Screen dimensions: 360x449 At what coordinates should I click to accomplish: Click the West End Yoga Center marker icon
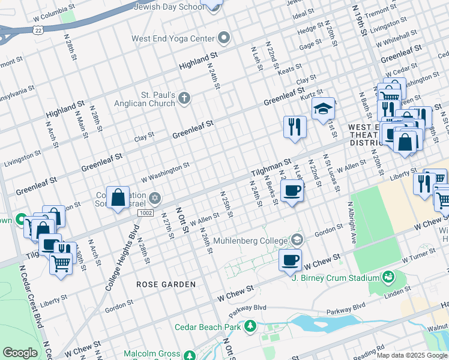click(224, 38)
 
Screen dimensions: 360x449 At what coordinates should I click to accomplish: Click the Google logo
click(20, 353)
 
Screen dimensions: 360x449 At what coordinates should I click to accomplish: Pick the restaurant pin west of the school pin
click(295, 127)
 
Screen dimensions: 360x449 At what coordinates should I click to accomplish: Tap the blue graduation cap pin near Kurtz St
click(323, 109)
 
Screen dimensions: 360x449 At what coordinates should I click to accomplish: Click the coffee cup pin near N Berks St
click(292, 191)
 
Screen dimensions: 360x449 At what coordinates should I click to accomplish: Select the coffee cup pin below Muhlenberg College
click(290, 260)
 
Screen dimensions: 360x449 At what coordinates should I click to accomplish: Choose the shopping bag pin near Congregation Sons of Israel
click(119, 197)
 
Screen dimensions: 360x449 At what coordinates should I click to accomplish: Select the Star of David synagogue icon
click(154, 197)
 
